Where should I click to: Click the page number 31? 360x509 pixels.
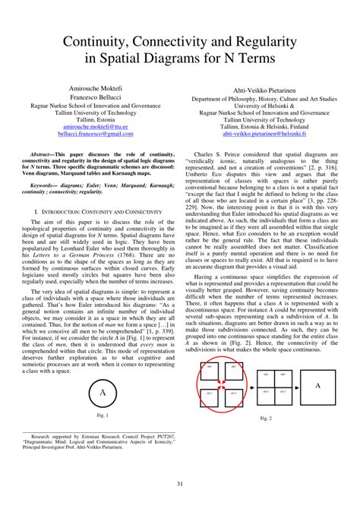click(180, 485)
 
